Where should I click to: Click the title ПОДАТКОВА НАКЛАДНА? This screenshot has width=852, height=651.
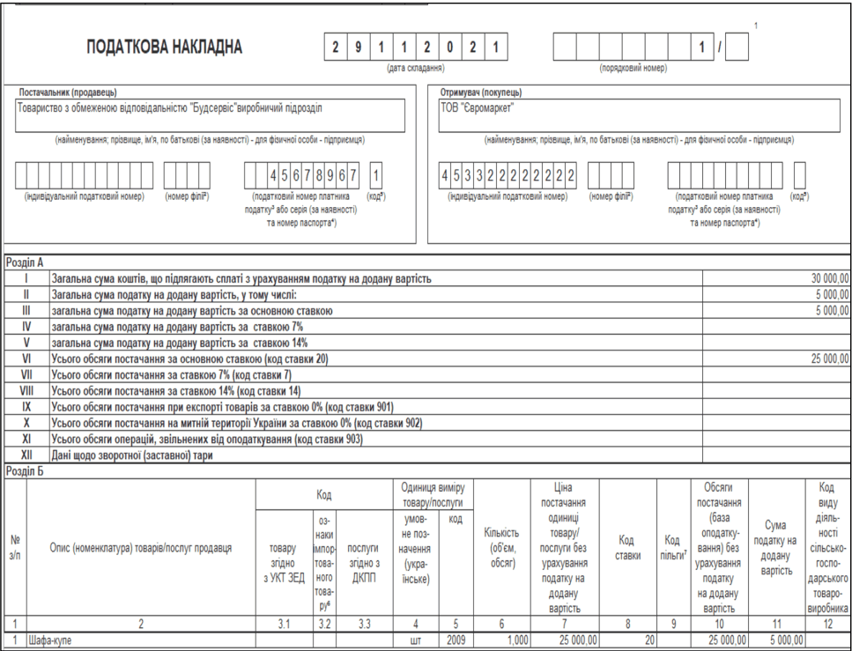[164, 48]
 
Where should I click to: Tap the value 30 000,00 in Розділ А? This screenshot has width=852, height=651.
[830, 278]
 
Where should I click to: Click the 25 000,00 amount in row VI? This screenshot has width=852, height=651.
[830, 359]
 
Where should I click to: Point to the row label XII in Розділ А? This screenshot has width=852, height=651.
[26, 455]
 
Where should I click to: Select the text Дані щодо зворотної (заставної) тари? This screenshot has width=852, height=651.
[133, 455]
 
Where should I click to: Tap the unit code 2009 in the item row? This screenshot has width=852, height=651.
[455, 640]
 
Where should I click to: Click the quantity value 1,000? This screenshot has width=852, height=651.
[516, 640]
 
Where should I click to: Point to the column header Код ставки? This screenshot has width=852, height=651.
[627, 546]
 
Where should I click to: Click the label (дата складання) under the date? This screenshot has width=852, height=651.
[416, 68]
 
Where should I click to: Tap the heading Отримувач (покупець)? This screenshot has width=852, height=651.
[480, 92]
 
